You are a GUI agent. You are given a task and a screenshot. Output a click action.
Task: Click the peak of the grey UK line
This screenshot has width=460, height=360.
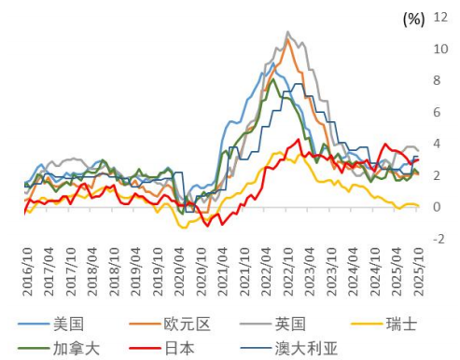tap(287, 33)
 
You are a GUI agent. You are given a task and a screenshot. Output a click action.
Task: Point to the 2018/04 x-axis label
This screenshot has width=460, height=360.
tap(91, 272)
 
